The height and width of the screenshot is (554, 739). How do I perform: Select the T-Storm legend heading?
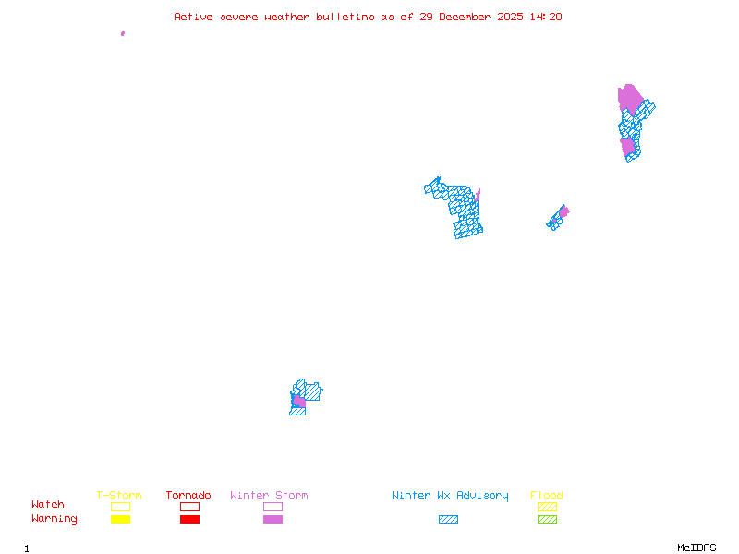[119, 496]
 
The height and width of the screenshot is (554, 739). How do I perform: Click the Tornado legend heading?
[188, 496]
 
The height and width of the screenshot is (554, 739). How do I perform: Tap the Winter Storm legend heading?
[269, 496]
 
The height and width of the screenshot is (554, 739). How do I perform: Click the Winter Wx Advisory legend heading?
[450, 496]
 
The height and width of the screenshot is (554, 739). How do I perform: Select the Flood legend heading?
[547, 496]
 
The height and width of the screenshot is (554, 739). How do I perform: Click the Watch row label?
[48, 505]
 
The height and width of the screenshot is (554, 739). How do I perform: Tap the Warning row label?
[55, 519]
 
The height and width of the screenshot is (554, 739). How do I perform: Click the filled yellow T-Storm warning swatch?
[120, 519]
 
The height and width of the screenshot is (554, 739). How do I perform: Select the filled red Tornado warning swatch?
[189, 519]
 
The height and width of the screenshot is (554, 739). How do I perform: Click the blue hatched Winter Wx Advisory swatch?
[448, 519]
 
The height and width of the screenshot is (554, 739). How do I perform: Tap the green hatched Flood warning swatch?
[547, 519]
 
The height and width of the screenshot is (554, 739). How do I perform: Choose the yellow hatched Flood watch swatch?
[547, 506]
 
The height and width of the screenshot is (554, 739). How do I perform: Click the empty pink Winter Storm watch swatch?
[273, 506]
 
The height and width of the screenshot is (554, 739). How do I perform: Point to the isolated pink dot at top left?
[123, 33]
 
